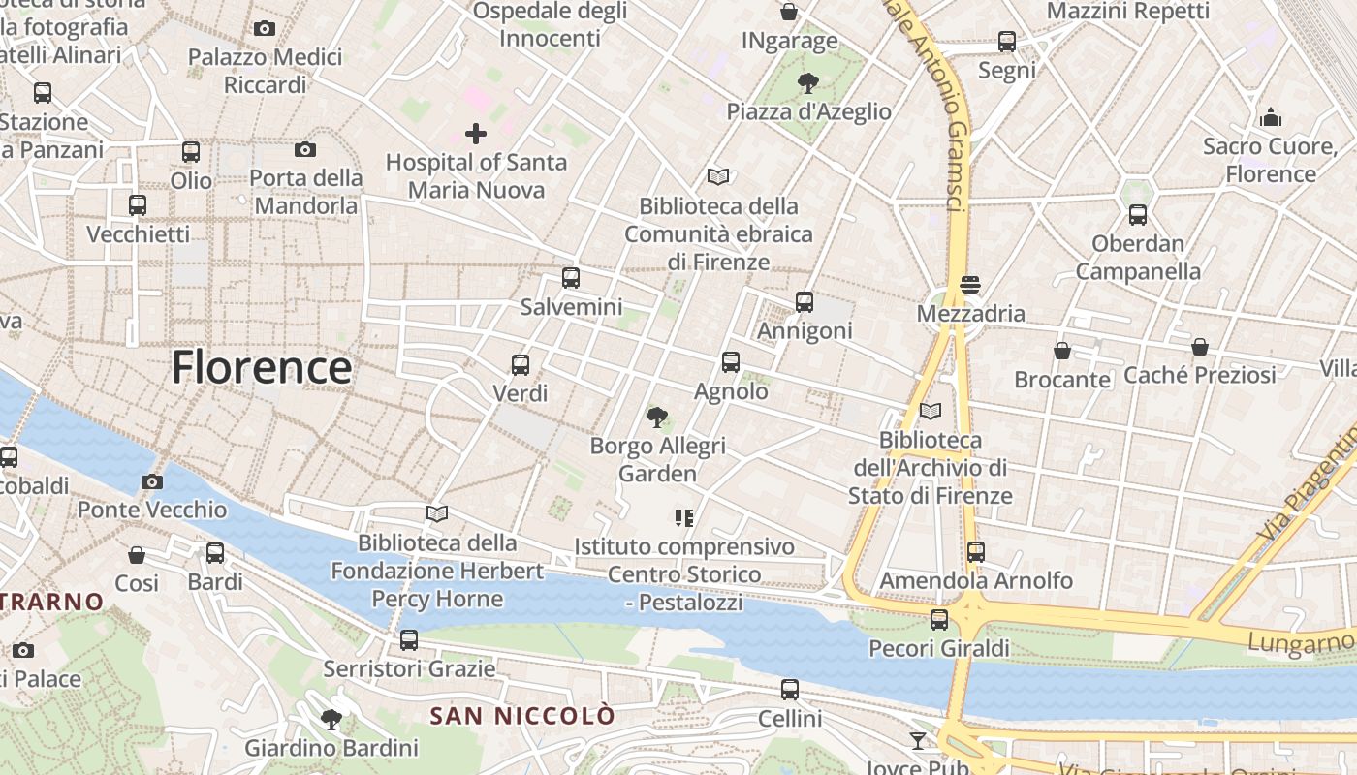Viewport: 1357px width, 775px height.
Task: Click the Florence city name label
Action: (262, 368)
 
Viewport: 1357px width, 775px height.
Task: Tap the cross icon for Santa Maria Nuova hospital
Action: (476, 134)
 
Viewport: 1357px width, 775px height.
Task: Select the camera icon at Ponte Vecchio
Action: (152, 481)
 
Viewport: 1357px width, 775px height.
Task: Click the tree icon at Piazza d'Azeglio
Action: (806, 83)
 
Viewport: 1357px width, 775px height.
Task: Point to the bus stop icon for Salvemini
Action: (571, 278)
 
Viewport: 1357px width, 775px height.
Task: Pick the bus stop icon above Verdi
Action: (521, 365)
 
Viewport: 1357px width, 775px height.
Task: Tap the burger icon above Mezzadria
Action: (970, 285)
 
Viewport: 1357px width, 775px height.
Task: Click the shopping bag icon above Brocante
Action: (1062, 351)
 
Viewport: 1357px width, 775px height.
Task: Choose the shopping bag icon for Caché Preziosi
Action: (1200, 347)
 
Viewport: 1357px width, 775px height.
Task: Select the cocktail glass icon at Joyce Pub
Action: (917, 741)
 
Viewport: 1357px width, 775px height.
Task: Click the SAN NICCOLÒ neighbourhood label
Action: (522, 716)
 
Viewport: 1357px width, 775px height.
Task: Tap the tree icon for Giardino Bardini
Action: (331, 719)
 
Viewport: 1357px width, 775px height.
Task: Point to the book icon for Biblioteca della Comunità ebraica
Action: (718, 176)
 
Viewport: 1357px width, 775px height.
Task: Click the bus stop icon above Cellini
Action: (790, 690)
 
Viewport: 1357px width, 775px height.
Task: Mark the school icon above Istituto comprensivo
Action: (684, 518)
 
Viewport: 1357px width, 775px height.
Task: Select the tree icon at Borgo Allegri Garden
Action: (657, 418)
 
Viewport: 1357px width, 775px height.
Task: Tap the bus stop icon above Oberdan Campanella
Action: (1138, 215)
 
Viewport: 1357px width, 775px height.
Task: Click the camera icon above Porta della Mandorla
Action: (305, 149)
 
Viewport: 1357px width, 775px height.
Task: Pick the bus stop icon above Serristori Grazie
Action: (409, 640)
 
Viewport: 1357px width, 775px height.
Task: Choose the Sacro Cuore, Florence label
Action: (1271, 161)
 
